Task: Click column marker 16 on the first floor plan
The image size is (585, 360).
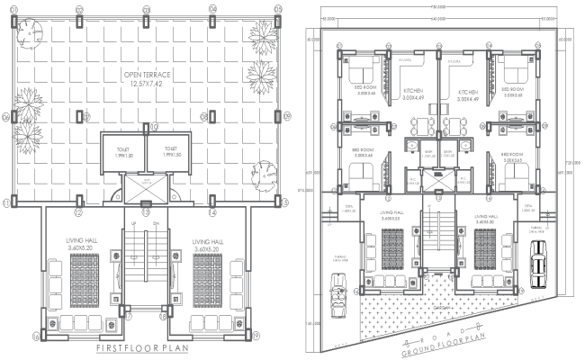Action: click(37, 336)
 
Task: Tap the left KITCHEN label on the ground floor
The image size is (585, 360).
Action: click(414, 94)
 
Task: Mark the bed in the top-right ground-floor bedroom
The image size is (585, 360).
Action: click(520, 73)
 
